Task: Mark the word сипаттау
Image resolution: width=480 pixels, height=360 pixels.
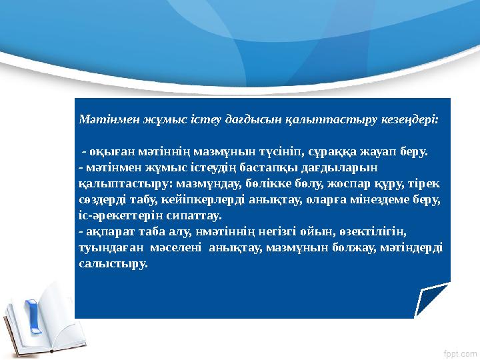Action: click(189, 215)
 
